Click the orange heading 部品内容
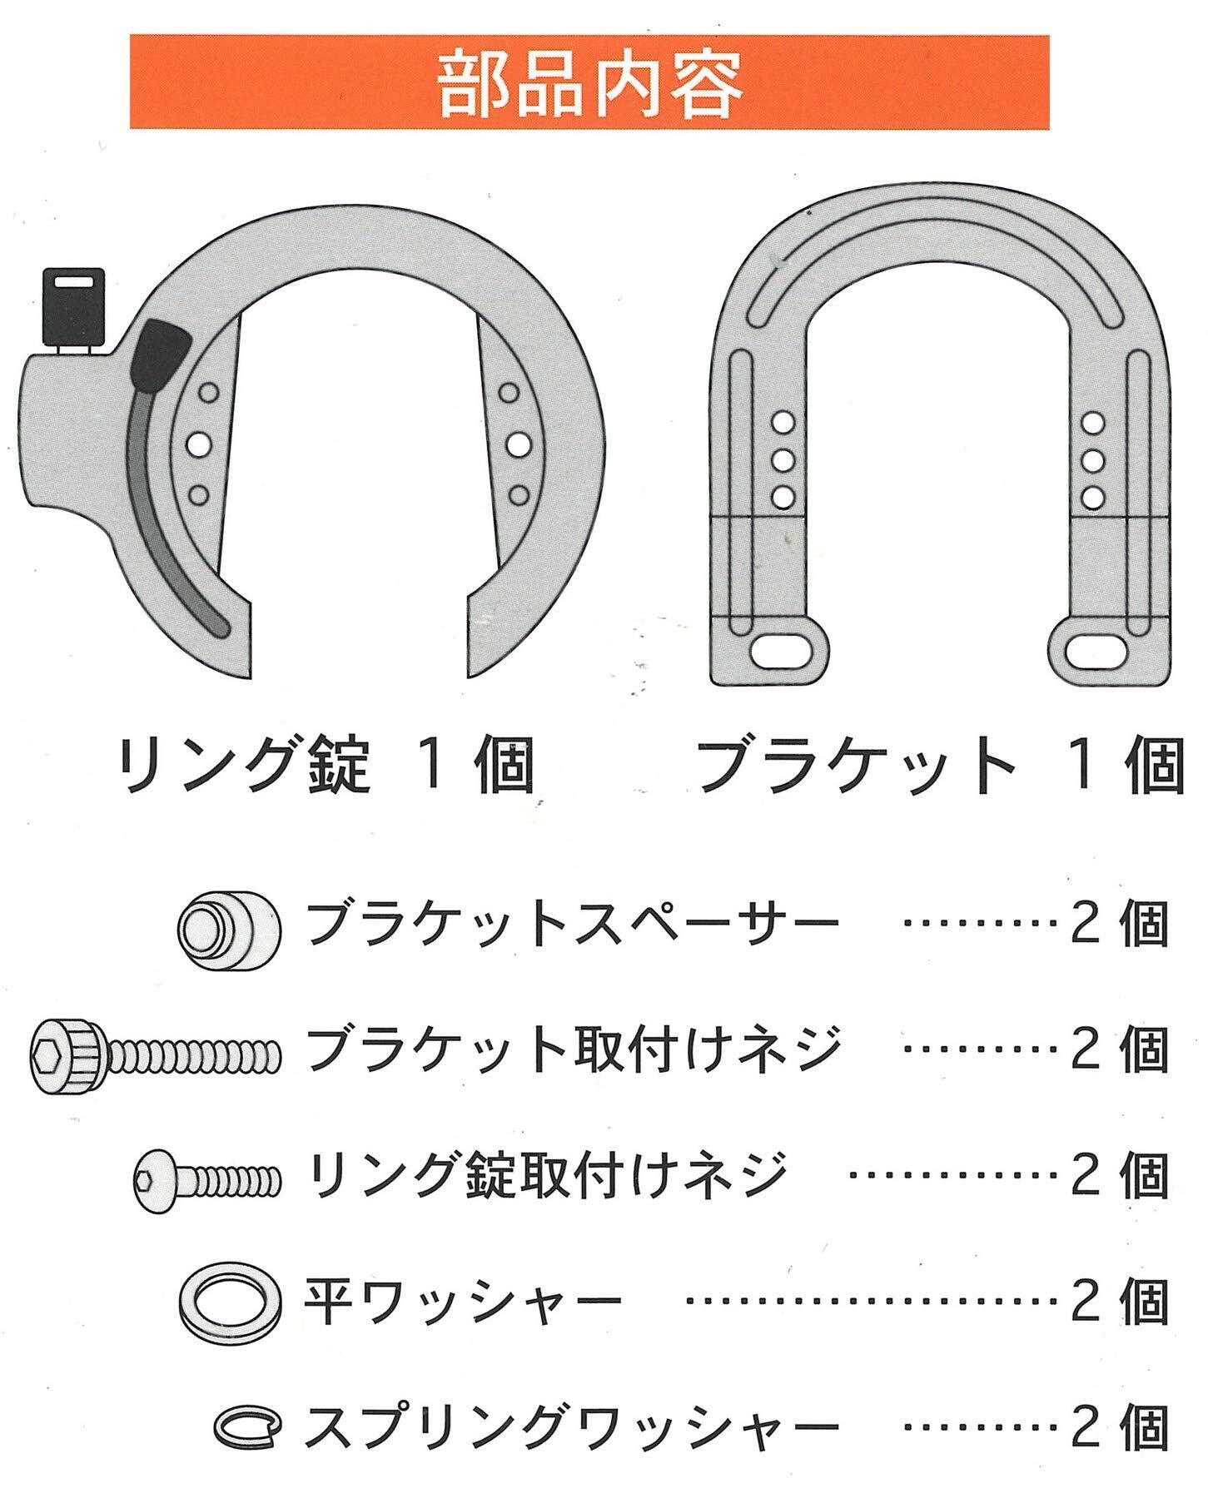click(x=589, y=82)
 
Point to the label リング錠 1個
click(x=326, y=766)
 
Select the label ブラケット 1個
click(x=941, y=766)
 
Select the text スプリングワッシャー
click(x=571, y=1424)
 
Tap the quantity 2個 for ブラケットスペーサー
click(x=1120, y=924)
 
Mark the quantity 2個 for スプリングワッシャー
click(x=1120, y=1424)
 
